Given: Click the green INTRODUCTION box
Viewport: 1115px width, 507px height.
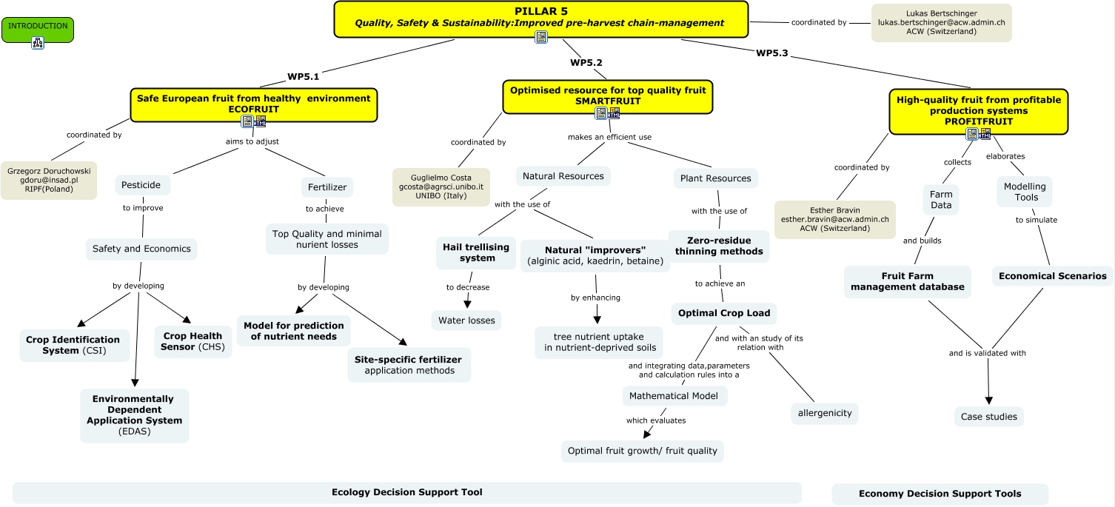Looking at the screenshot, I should pyautogui.click(x=38, y=27).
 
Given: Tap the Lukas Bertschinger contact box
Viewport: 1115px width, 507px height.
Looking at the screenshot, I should pyautogui.click(x=941, y=23).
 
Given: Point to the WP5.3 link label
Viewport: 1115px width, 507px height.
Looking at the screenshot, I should pyautogui.click(x=771, y=53).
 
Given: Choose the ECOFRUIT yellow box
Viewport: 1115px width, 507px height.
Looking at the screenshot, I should pyautogui.click(x=253, y=104).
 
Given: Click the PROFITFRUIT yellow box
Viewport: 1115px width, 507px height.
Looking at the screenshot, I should pyautogui.click(x=978, y=110).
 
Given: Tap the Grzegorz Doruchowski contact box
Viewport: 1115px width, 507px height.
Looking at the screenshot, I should pyautogui.click(x=49, y=180).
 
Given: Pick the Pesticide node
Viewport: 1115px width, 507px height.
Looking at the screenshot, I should pyautogui.click(x=143, y=185).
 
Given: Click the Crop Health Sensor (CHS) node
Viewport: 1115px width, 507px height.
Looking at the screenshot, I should pyautogui.click(x=192, y=342).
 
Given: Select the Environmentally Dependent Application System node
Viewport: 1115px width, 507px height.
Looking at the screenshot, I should pyautogui.click(x=134, y=415).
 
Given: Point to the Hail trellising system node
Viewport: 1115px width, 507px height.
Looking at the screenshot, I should pyautogui.click(x=477, y=252).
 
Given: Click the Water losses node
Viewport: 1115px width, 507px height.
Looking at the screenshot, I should pyautogui.click(x=466, y=320).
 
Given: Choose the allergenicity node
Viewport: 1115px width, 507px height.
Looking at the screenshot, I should pyautogui.click(x=824, y=413).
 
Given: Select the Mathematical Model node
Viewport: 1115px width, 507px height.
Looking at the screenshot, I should pyautogui.click(x=674, y=396).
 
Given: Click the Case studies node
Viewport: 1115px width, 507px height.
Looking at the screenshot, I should pyautogui.click(x=988, y=417).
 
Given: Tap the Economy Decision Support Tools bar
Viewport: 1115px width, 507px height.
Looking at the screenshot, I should pyautogui.click(x=940, y=494).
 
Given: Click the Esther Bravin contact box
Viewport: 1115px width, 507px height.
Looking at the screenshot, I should pyautogui.click(x=834, y=220).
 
